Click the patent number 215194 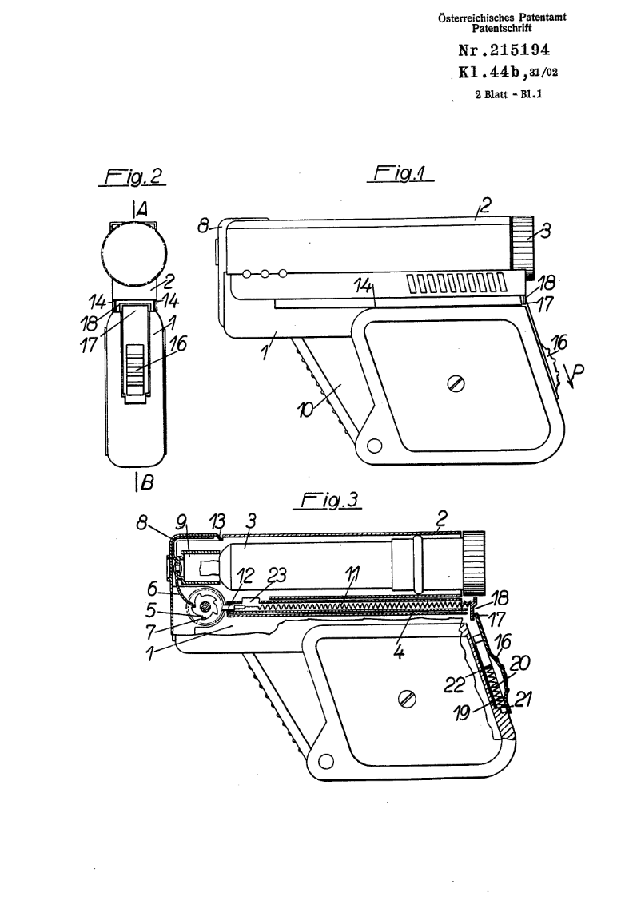[519, 50]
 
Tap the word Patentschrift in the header [502, 28]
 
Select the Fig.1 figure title [400, 172]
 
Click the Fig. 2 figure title [132, 176]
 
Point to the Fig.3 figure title [328, 501]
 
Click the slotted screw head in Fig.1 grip [456, 383]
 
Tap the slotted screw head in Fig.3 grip [408, 699]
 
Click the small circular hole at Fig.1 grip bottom [375, 446]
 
